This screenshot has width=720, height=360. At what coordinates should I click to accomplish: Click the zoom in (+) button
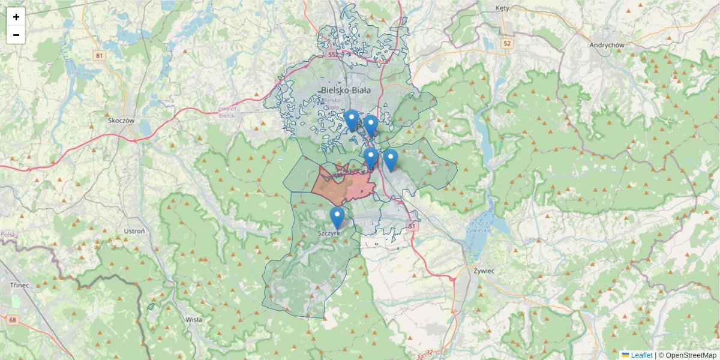click(x=16, y=17)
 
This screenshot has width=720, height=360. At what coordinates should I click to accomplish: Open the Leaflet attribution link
click(x=641, y=355)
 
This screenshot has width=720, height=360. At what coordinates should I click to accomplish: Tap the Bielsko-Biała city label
click(x=346, y=90)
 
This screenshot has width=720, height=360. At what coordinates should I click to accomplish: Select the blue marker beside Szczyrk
click(x=337, y=217)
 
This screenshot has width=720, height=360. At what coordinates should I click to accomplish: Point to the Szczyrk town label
click(x=329, y=232)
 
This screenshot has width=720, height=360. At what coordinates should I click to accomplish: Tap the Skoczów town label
click(x=120, y=120)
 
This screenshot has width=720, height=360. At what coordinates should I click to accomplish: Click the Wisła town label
click(x=194, y=320)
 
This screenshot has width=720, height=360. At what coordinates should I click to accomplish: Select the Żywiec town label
click(x=482, y=271)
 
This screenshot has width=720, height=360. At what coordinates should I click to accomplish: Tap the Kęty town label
click(x=502, y=8)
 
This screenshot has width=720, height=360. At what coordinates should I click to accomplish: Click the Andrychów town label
click(x=607, y=45)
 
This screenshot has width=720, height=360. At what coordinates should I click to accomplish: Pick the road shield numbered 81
click(x=99, y=56)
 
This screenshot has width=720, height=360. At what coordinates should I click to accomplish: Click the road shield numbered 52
click(x=508, y=43)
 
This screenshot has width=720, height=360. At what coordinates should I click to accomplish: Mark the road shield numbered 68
click(x=13, y=320)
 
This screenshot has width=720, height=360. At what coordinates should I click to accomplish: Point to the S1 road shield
click(x=412, y=226)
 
